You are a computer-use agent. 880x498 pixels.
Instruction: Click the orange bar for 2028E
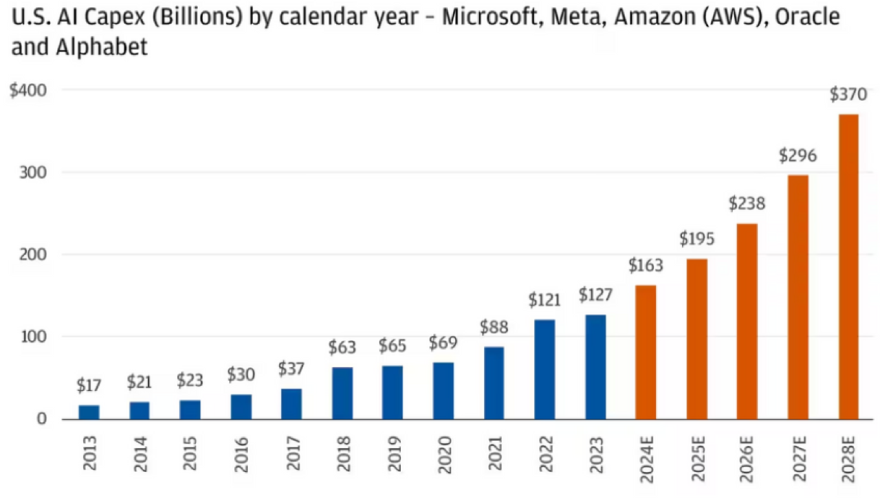(x=848, y=267)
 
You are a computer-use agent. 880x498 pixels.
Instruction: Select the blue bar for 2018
(x=342, y=393)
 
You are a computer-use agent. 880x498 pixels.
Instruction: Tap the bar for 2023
(x=595, y=367)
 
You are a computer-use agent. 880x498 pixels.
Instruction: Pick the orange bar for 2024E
(x=646, y=352)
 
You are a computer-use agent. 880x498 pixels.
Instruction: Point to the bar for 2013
(x=89, y=412)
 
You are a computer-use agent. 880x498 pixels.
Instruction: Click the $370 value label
(x=848, y=96)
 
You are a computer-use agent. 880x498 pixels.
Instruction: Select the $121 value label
(x=545, y=300)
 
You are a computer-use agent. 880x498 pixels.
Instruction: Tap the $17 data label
(x=89, y=386)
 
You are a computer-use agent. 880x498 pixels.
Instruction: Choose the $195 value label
(x=696, y=239)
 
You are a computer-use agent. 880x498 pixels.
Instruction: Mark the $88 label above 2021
(x=494, y=328)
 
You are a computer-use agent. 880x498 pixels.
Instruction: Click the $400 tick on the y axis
(x=28, y=91)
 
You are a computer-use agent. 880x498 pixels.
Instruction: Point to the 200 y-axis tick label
(x=34, y=255)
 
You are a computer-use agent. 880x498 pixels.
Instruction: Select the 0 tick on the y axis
(x=42, y=419)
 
